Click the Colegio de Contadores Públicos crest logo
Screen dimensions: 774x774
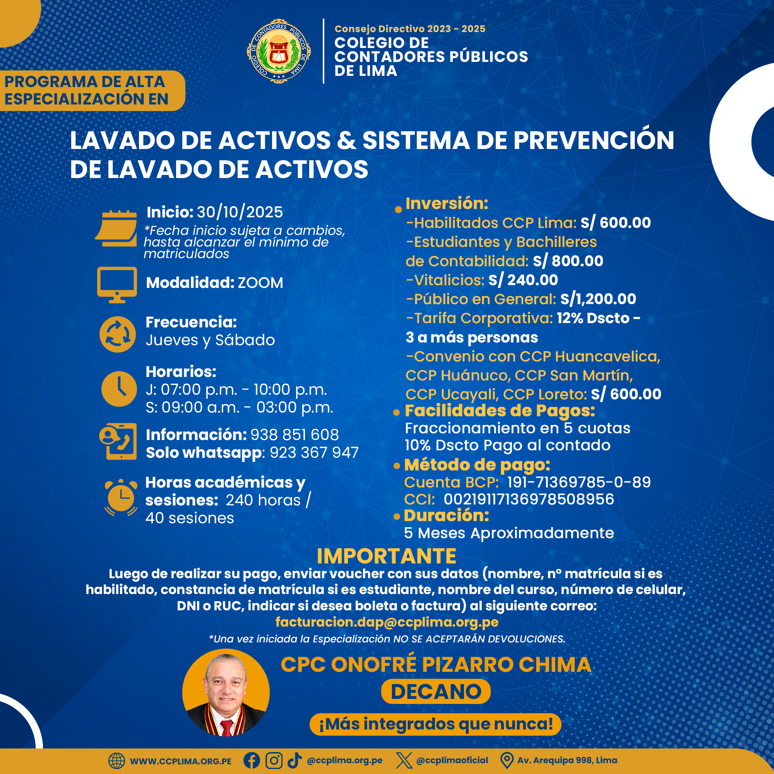(x=278, y=51)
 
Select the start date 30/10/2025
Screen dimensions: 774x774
(x=240, y=212)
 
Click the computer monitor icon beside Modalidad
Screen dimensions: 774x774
(x=117, y=284)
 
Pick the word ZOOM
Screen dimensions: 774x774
(x=260, y=283)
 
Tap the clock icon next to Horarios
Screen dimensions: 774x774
(x=119, y=389)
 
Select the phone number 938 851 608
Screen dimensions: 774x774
(x=295, y=435)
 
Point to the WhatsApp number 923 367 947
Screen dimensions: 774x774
(x=314, y=453)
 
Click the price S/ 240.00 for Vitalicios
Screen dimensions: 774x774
(x=523, y=280)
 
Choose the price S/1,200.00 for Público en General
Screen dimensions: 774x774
(x=598, y=299)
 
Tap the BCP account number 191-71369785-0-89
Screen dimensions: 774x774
(x=579, y=482)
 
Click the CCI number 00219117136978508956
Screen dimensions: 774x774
(x=529, y=499)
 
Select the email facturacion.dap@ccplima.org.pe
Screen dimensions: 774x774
(x=387, y=622)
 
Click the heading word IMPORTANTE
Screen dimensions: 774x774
(x=387, y=556)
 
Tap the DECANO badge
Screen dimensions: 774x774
(x=436, y=692)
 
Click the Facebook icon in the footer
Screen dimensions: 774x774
(x=252, y=760)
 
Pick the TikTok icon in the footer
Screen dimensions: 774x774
(x=295, y=760)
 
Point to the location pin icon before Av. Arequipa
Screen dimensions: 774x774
(x=507, y=760)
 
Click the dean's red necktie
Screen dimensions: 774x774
(x=227, y=727)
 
